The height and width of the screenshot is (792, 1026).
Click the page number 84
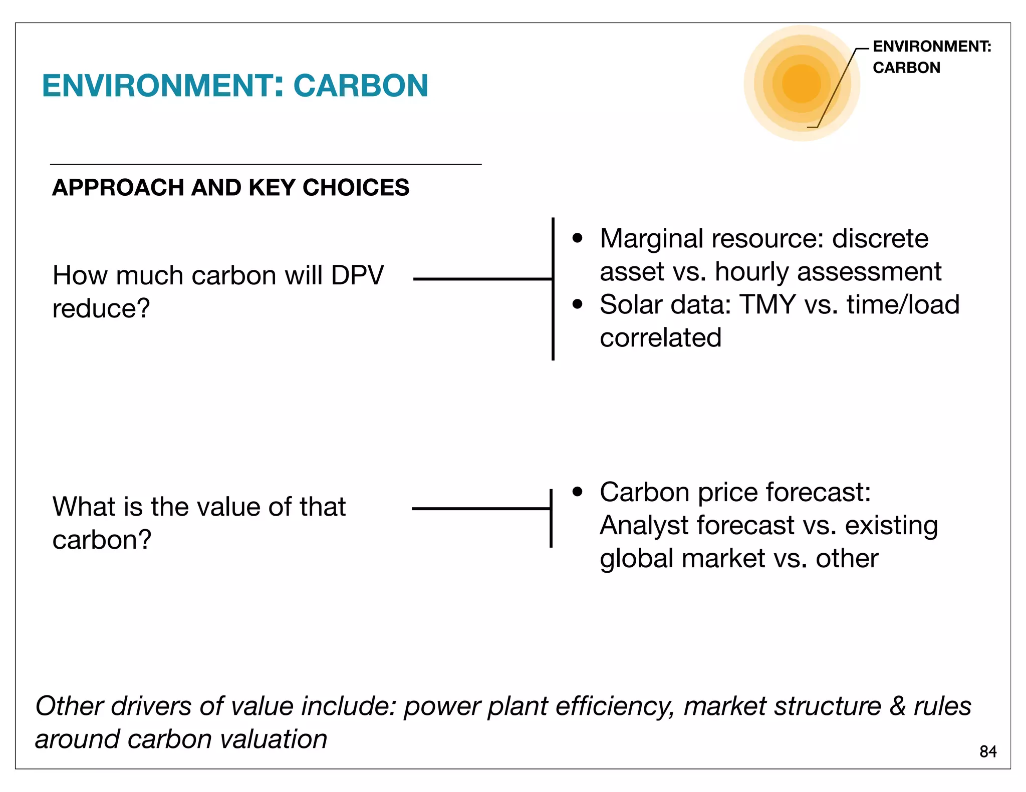click(x=988, y=751)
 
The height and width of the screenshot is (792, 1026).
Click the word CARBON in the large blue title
click(x=361, y=86)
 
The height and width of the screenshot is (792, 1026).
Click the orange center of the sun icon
click(x=801, y=84)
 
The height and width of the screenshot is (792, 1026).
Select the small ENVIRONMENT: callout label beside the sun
click(x=932, y=47)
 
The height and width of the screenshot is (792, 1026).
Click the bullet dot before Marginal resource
click(x=578, y=238)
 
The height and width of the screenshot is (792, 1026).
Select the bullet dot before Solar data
click(x=578, y=304)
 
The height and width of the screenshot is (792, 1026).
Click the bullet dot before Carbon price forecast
click(x=578, y=492)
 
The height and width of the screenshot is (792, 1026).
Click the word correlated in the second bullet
click(x=660, y=338)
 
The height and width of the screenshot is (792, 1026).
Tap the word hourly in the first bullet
click(x=751, y=272)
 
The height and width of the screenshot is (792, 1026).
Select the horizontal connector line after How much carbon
click(x=482, y=279)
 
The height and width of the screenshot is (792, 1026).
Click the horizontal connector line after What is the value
click(x=481, y=509)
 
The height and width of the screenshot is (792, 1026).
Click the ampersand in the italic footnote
click(x=898, y=706)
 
